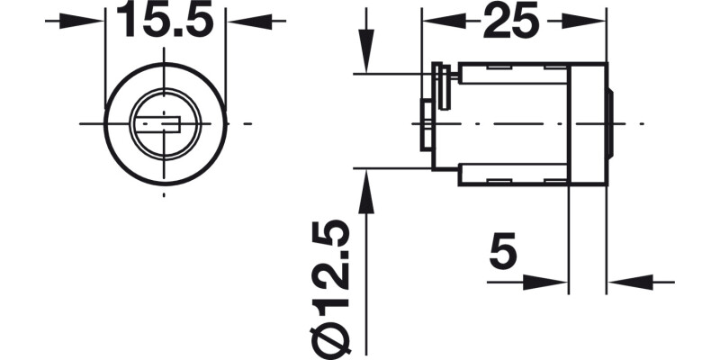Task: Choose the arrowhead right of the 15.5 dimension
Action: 238,20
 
